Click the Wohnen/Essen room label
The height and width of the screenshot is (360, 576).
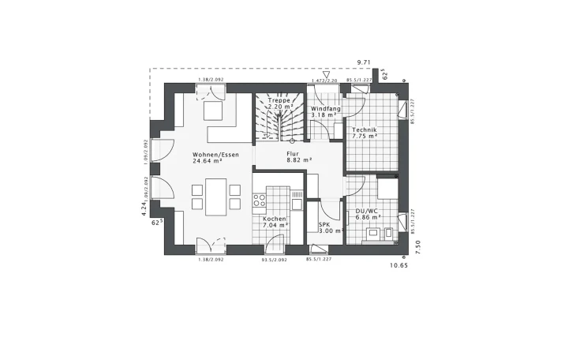(215, 154)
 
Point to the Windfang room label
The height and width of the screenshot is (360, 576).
(324, 108)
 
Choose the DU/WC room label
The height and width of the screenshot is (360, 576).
(368, 210)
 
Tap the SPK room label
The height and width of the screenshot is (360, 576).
(324, 224)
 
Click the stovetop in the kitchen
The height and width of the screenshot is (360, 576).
(260, 201)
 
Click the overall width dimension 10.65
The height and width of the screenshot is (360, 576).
(401, 267)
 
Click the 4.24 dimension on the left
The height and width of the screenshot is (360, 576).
(142, 208)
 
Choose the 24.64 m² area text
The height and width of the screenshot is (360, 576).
(206, 160)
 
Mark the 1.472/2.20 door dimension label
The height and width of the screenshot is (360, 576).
(324, 81)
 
